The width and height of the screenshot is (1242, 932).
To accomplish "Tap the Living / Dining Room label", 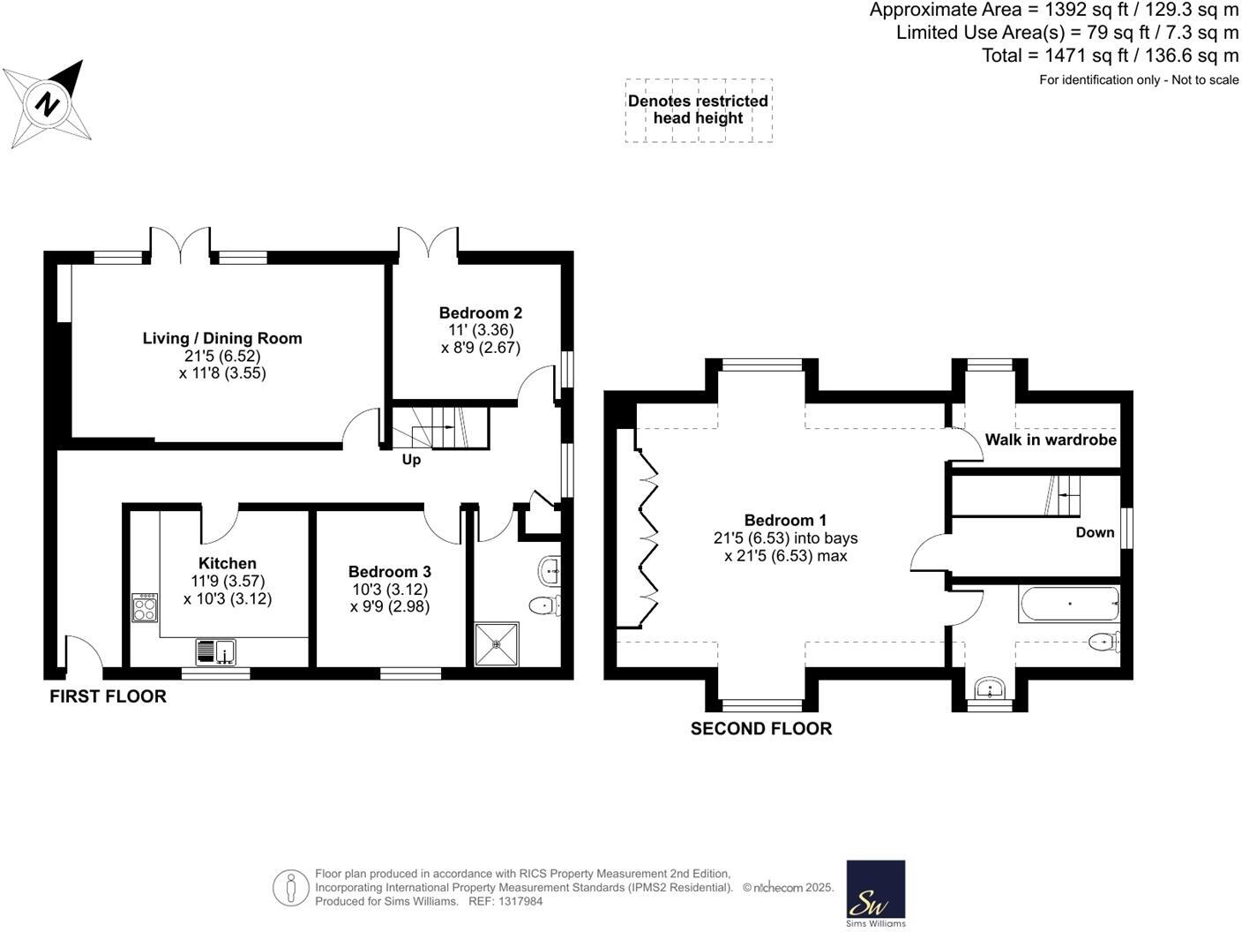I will tap(222, 338).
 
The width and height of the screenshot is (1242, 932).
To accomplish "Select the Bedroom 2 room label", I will tap(480, 312).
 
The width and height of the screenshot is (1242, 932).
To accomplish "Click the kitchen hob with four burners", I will tap(145, 607).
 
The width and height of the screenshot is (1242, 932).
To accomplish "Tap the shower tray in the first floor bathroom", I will tap(498, 643).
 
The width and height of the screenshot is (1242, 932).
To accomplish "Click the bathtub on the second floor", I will tap(1068, 604).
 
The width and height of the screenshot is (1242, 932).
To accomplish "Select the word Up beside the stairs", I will tap(411, 460).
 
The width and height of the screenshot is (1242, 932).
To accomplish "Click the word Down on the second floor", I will tap(1095, 532).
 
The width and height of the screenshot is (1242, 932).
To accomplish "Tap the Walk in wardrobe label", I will tap(1050, 440).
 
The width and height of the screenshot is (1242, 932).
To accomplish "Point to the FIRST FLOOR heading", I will tap(108, 696).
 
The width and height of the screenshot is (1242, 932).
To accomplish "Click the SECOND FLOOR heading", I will tap(760, 728).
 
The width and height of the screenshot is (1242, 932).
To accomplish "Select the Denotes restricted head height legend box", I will tap(698, 110).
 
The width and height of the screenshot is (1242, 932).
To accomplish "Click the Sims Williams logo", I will tap(875, 893).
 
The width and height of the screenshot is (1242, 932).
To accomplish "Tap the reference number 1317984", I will tap(518, 901).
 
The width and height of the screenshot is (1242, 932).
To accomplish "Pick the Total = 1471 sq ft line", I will tap(1110, 56).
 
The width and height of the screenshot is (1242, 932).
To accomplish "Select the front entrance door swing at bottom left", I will tap(82, 652).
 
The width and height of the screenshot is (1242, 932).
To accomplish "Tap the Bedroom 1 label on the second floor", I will tap(785, 520).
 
